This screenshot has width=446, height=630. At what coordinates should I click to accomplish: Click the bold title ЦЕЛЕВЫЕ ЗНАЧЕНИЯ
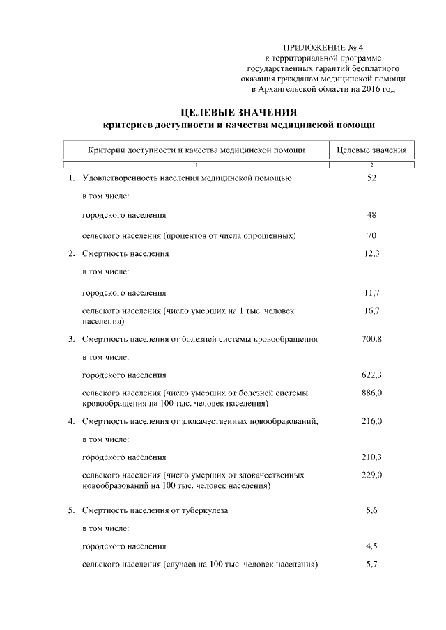click(239, 113)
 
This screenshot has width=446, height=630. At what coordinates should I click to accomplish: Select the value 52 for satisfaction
click(371, 178)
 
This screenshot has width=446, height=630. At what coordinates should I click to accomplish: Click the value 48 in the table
click(371, 216)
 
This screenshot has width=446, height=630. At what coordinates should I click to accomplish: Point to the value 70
click(371, 235)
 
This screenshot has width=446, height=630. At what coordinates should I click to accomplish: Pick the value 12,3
click(371, 254)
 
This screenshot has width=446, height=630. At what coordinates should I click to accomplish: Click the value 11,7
click(371, 292)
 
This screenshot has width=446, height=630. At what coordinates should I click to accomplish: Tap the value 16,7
click(371, 311)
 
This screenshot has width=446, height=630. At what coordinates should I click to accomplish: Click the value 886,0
click(371, 393)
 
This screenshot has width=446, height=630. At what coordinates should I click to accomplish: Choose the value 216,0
click(371, 421)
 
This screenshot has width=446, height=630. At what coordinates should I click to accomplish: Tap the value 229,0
click(371, 475)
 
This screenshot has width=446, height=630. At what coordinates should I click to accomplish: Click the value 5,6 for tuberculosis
click(371, 510)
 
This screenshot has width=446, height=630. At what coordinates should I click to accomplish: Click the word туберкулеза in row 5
click(205, 511)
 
